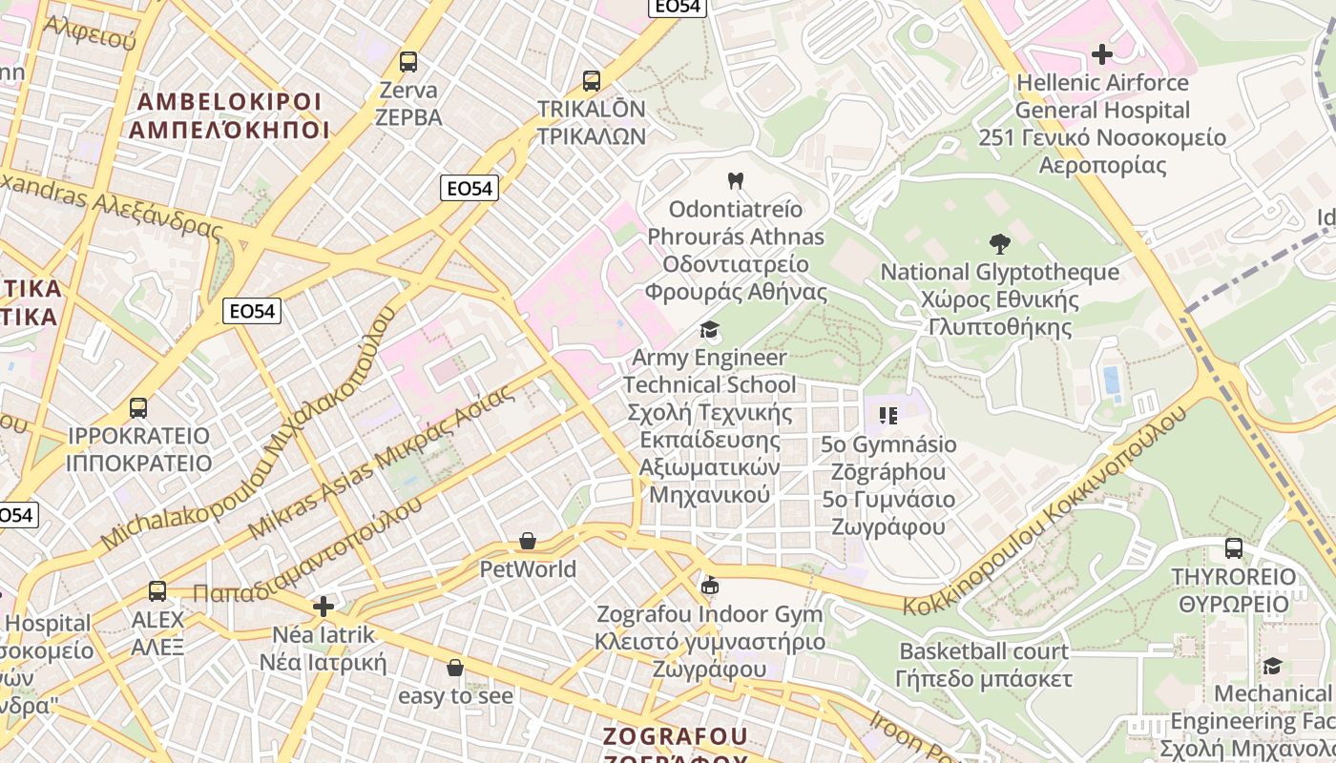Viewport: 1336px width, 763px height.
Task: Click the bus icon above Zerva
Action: click(x=408, y=62)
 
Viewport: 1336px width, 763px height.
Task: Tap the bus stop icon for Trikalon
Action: click(x=592, y=81)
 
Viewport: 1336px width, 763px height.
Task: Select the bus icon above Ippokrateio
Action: click(x=138, y=408)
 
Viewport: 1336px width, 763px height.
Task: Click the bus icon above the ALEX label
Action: click(x=157, y=591)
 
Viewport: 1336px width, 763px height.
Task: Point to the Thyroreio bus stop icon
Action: click(x=1234, y=548)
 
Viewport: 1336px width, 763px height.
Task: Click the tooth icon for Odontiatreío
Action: click(x=735, y=180)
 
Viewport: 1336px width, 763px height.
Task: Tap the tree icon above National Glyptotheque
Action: click(x=1000, y=243)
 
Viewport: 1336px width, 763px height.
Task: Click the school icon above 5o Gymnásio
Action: click(x=888, y=416)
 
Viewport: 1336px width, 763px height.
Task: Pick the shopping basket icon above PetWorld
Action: click(x=528, y=542)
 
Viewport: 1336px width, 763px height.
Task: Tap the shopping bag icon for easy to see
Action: click(x=455, y=668)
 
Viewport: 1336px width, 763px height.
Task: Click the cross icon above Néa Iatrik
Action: click(x=324, y=606)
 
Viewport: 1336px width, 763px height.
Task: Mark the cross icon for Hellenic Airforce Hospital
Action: click(x=1102, y=54)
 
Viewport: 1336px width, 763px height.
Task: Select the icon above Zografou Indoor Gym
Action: click(x=709, y=586)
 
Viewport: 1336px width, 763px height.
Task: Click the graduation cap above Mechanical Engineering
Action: click(x=1272, y=665)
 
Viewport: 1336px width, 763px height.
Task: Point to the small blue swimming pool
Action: click(x=1112, y=380)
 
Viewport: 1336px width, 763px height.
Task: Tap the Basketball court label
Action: click(x=984, y=651)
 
